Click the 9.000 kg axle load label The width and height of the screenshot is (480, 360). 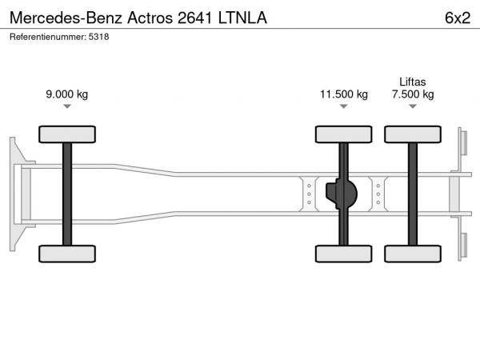66,94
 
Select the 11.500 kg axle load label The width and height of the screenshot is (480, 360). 344,94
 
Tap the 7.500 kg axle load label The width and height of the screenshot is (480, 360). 413,94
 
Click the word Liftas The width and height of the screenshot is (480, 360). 412,82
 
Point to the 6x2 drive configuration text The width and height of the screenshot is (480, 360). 458,18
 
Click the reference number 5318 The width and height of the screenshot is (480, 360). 98,37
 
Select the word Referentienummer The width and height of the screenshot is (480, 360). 48,37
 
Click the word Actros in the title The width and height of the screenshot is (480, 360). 150,18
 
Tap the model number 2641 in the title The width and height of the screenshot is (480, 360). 194,18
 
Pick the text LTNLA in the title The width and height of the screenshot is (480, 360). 242,18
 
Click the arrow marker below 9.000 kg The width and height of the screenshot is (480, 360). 67,106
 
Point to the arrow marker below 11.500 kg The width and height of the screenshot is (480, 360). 344,106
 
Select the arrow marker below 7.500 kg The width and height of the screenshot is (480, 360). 413,106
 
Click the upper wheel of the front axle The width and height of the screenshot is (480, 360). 67,134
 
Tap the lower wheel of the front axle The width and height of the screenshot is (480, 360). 67,254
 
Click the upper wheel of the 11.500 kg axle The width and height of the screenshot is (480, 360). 344,134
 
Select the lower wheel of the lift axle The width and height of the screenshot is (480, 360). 413,254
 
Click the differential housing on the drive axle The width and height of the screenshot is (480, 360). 342,194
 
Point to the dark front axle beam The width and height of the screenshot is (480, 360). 67,194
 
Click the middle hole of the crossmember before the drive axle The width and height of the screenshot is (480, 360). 309,194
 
